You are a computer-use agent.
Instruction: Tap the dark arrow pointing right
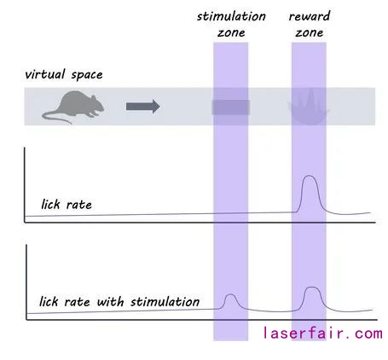coord(143,107)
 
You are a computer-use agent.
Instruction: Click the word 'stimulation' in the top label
coord(231,16)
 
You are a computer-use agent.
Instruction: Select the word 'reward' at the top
coord(310,16)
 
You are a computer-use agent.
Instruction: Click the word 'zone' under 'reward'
coord(310,33)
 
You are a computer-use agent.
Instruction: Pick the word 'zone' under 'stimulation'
coord(231,33)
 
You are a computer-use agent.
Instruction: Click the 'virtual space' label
coord(64,74)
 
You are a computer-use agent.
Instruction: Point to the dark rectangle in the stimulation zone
coord(231,107)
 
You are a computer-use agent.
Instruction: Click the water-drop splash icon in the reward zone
coord(309,107)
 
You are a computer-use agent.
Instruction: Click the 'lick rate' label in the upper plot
coord(67,205)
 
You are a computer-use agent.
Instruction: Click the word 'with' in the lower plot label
coord(110,301)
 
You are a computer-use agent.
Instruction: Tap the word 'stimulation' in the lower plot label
coord(165,301)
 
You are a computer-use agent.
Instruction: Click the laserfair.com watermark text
coord(322,333)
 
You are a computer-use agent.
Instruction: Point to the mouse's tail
coord(56,117)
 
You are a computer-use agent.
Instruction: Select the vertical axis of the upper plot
coord(25,185)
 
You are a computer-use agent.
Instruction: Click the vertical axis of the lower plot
coord(26,282)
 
